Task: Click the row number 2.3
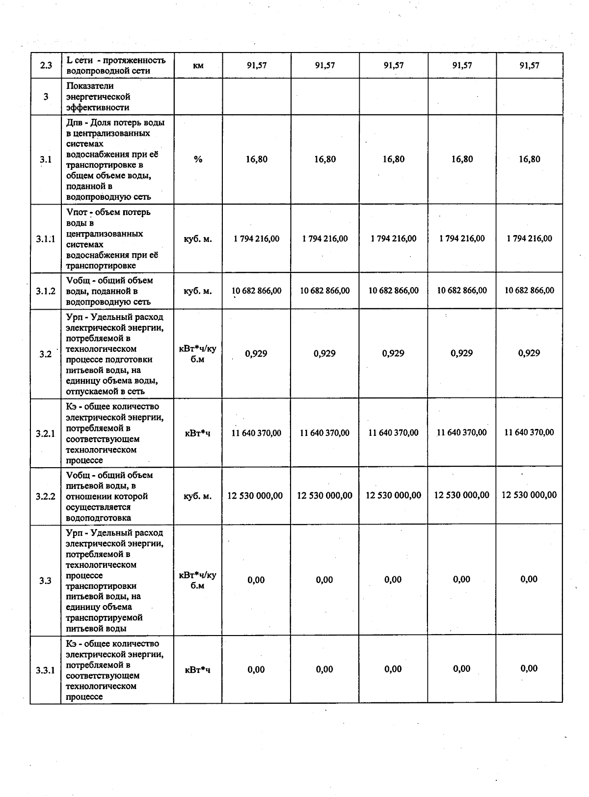point(46,65)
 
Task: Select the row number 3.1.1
point(46,239)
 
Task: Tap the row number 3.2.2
point(46,496)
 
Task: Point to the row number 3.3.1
point(46,670)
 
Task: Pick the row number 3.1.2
point(46,291)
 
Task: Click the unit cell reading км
point(198,65)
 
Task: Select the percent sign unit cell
point(198,159)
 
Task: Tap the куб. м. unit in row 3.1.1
point(198,239)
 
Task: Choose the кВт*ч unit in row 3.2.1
point(198,433)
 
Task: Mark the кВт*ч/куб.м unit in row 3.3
point(198,580)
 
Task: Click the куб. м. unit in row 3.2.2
point(198,496)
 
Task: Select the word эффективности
point(98,107)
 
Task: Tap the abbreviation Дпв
point(74,123)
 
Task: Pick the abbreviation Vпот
point(76,213)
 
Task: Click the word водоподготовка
point(99,518)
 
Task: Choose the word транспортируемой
point(104,618)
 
